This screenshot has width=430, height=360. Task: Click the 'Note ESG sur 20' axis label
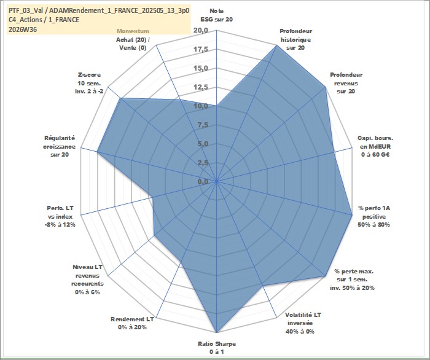pos(217,15)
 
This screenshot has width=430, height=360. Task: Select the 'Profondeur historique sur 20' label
pos(295,39)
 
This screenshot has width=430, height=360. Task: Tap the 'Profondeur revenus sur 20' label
pos(346,83)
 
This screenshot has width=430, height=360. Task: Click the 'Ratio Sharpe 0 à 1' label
pos(217,347)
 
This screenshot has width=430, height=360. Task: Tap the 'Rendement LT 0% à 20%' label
pos(132,323)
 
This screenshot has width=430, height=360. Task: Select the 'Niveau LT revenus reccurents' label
pos(87,280)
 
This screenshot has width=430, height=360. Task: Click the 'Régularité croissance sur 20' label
pos(59,146)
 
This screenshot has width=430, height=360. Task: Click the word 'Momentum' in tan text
pos(133,31)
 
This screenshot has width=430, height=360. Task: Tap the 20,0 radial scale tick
pos(201,31)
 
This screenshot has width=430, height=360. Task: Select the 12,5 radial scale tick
pos(201,87)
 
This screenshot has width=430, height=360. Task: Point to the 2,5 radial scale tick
pos(203,163)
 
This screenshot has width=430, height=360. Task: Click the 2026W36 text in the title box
pos(23,29)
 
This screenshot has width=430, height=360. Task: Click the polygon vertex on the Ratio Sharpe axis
pos(217,332)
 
